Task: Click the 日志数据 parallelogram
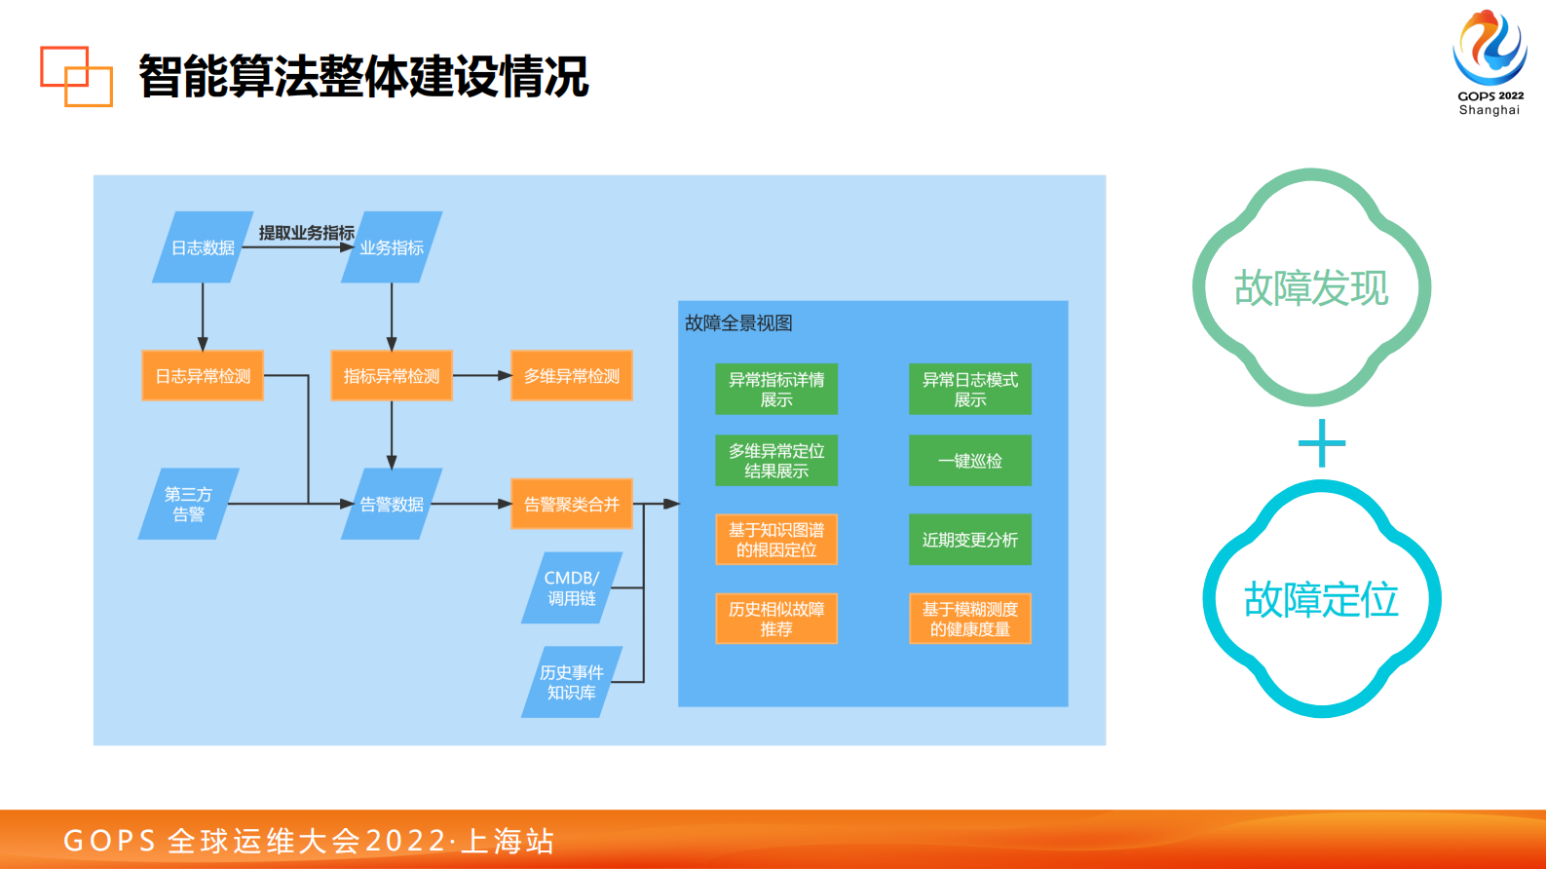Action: pos(203,247)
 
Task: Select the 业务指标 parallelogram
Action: pos(392,247)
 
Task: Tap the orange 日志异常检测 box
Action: pos(203,376)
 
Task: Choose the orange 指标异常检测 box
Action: pos(392,376)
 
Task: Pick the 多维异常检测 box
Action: pos(572,376)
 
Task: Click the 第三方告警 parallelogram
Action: pos(188,504)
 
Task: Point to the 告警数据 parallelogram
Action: pos(392,504)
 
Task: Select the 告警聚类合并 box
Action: pos(572,504)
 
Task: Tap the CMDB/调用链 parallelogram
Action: pos(572,588)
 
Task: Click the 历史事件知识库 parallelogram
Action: pos(572,682)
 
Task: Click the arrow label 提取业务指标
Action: pos(306,233)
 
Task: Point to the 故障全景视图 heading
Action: pos(738,323)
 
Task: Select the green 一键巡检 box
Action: pos(970,461)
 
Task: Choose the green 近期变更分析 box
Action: pos(970,540)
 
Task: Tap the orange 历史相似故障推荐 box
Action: pos(776,619)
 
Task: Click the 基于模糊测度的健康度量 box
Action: pos(970,619)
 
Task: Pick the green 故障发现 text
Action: pos(1311,288)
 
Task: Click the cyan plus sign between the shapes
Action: pos(1322,443)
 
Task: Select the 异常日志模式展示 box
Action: pos(970,390)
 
